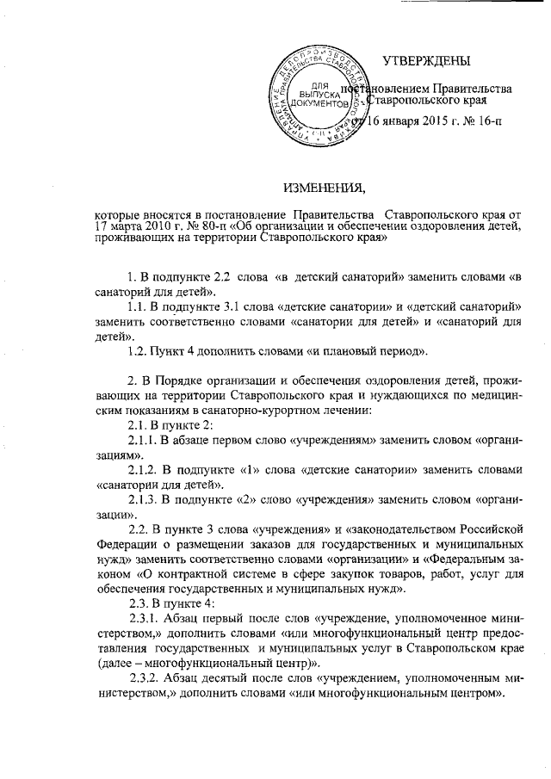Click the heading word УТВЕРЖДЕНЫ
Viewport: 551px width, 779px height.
point(427,61)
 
